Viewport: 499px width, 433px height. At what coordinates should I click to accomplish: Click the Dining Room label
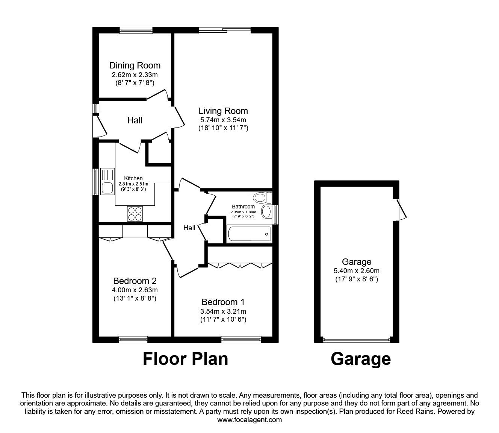coord(135,65)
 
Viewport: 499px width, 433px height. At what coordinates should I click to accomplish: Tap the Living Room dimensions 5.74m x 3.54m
coord(223,120)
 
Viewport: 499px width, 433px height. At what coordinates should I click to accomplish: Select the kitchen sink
coord(107,181)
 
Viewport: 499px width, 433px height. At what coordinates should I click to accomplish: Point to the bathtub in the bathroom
coord(249,234)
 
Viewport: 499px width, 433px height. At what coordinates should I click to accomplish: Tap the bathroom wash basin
coord(266,212)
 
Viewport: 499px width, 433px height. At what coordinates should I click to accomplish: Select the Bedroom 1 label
coord(223,302)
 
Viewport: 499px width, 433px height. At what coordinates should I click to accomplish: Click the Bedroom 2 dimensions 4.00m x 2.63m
coord(135,290)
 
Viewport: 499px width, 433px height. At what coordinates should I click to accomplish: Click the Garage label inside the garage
coord(356,262)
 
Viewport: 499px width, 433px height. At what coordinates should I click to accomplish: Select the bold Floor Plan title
coord(185,359)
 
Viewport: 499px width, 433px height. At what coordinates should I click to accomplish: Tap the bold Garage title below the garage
coord(360,359)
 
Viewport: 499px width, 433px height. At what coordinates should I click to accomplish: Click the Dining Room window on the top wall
coord(136,30)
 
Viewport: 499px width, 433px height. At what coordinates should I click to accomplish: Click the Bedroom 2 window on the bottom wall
coord(133,339)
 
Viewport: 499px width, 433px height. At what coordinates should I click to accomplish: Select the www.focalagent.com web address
coord(249,420)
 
